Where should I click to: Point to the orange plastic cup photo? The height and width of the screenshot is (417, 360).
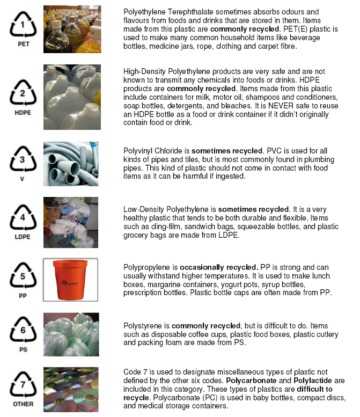coord(71,280)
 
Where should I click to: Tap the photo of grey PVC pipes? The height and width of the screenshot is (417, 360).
coord(71,164)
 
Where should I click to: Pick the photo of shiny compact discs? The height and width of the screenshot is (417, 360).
coord(71,388)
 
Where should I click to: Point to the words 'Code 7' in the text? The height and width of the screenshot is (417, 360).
coord(137,372)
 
